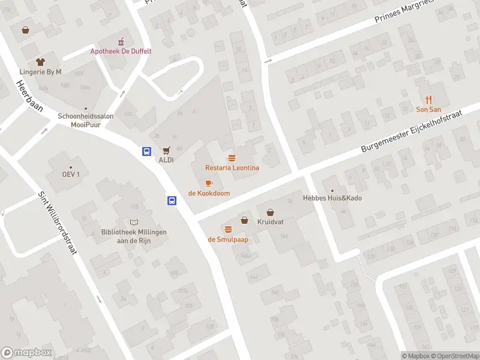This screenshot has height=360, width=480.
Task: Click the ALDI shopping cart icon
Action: pyautogui.click(x=166, y=151)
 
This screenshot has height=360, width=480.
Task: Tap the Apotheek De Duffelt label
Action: pyautogui.click(x=121, y=51)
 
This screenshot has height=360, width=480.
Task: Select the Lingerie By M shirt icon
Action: pyautogui.click(x=40, y=62)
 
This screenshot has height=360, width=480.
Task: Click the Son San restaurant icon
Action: pyautogui.click(x=428, y=100)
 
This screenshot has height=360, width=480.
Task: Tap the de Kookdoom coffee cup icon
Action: pyautogui.click(x=209, y=183)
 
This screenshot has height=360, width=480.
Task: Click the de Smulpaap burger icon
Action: pyautogui.click(x=228, y=229)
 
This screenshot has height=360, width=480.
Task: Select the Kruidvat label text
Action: pyautogui.click(x=270, y=222)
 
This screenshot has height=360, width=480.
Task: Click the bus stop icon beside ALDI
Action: pyautogui.click(x=146, y=151)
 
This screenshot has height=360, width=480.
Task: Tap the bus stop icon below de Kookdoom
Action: pyautogui.click(x=172, y=200)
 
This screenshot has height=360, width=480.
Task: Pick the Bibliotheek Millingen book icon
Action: pyautogui.click(x=133, y=222)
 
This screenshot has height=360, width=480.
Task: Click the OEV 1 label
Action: pyautogui.click(x=71, y=175)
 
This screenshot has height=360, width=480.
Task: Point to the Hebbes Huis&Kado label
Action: pyautogui.click(x=332, y=198)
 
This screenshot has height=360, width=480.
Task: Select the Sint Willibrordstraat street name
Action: pyautogui.click(x=58, y=223)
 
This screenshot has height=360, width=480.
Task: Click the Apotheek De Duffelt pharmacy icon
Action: pyautogui.click(x=121, y=41)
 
